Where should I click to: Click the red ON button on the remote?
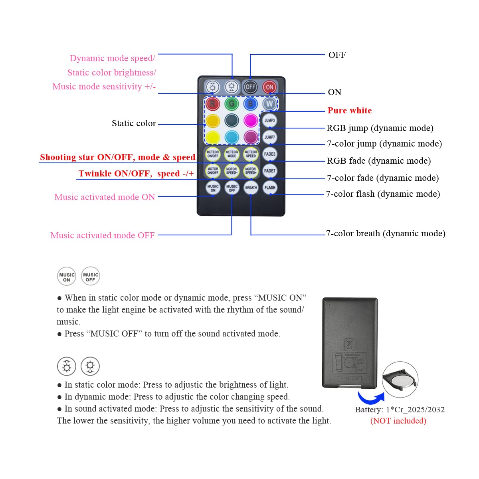(269, 87)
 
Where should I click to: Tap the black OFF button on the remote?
(250, 87)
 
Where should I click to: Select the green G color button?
(232, 104)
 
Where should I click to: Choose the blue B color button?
(251, 104)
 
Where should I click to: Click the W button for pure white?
(269, 104)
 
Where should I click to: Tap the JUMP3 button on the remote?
(269, 120)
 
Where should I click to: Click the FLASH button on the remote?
(270, 187)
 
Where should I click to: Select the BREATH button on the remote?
(251, 187)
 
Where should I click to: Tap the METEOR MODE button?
(232, 154)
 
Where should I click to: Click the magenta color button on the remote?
(251, 120)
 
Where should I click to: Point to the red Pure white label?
(350, 111)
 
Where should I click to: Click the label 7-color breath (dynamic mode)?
(386, 234)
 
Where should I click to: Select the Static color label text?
(134, 123)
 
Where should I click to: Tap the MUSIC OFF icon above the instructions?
(91, 276)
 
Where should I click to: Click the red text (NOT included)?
(398, 421)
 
